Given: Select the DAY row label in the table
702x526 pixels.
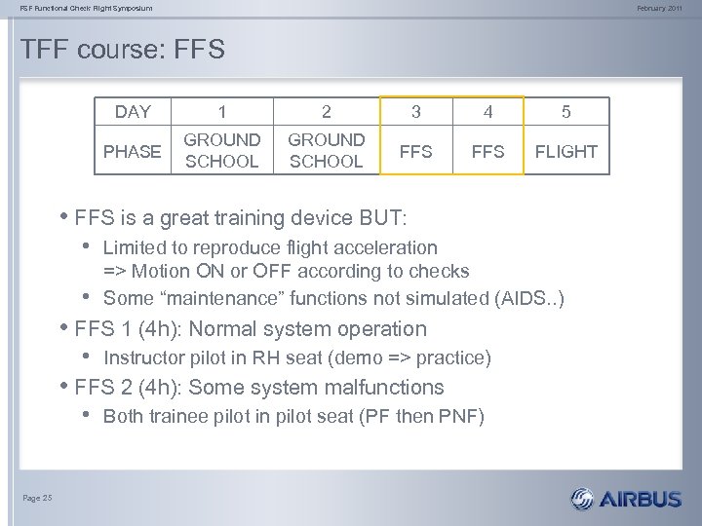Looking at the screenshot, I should coord(133,112).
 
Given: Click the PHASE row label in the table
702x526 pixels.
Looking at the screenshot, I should coord(133,151).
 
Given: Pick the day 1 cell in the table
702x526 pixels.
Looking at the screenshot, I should coord(221,112).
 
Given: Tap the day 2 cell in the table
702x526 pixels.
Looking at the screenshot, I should coord(327,112).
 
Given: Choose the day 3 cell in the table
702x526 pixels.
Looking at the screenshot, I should coord(416,112).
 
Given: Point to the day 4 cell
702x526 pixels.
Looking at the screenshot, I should coord(488,112).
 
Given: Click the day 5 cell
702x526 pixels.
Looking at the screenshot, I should coord(565,112).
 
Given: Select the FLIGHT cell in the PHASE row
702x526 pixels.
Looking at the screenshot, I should coord(565,151).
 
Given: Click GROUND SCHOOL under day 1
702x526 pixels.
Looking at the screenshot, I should coord(221,151).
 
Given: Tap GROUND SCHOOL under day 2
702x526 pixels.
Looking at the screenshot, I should coord(327,151).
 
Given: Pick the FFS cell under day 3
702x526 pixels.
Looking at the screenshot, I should coord(416,151).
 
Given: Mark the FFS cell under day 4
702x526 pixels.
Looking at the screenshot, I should coord(488,151).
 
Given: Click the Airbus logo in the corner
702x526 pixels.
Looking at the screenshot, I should coord(628,499).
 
